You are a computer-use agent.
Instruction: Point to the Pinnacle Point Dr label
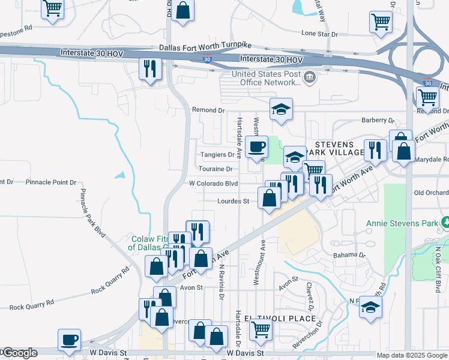point(51,182)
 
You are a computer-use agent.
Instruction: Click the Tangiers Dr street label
point(217,155)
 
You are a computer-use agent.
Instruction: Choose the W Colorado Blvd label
point(213,184)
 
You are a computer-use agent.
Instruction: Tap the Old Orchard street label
point(431,193)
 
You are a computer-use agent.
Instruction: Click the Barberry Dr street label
point(377,121)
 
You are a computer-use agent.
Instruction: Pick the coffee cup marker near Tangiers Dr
point(256,146)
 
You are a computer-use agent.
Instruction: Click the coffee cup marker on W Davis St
point(69,340)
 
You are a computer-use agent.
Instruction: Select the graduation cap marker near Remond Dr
point(280,109)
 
